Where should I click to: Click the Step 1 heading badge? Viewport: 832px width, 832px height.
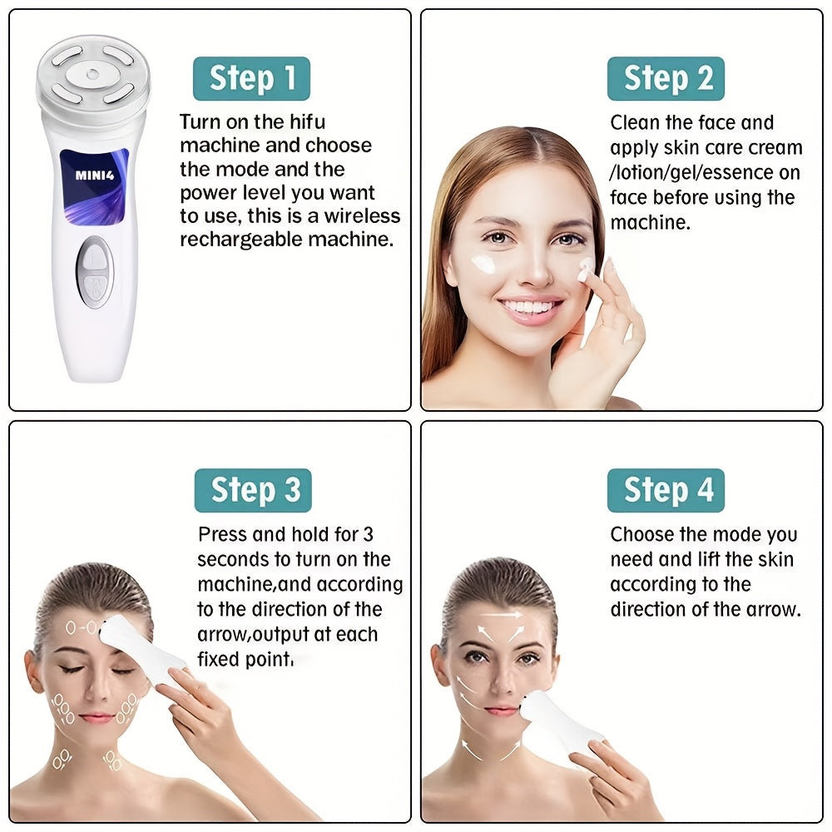click(251, 79)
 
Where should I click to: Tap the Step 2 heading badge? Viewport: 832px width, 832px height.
click(666, 79)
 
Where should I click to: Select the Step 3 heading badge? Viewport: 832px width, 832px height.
click(253, 491)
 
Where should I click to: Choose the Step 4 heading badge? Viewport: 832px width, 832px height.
click(666, 491)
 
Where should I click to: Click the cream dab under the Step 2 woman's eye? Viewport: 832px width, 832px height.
click(484, 265)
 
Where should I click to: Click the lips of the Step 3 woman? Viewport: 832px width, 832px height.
click(97, 717)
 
